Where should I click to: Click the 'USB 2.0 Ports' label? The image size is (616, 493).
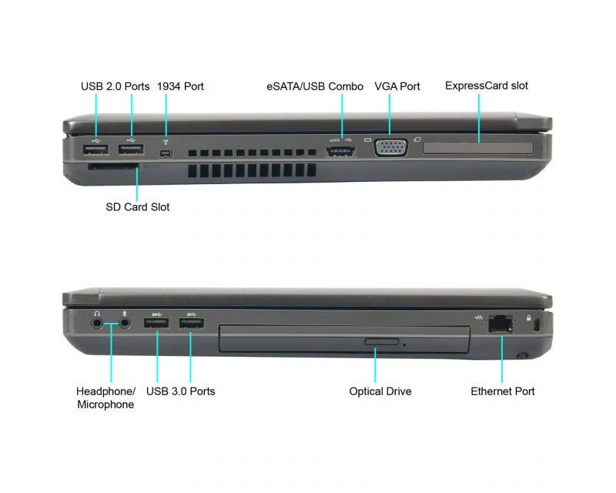(x=115, y=86)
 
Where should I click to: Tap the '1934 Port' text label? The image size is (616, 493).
(x=180, y=86)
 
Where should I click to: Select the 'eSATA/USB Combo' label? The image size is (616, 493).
(x=315, y=86)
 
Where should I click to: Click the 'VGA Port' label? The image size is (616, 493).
(x=397, y=86)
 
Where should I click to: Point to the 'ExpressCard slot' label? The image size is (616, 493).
(x=487, y=86)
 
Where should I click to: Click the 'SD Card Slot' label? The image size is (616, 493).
(x=138, y=206)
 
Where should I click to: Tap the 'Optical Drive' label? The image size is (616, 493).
(x=380, y=391)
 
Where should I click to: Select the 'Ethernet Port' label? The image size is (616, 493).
(x=503, y=391)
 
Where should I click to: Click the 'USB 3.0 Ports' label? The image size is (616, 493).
(x=180, y=391)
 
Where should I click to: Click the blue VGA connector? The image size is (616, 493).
(x=391, y=148)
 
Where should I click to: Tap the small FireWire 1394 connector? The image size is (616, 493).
(x=166, y=153)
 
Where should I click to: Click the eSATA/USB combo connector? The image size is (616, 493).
(x=340, y=151)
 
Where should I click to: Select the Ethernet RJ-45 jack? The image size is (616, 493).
(x=500, y=324)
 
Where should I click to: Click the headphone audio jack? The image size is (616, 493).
(x=97, y=324)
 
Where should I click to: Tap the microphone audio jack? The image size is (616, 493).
(x=125, y=324)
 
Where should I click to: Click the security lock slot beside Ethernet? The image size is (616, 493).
(x=537, y=326)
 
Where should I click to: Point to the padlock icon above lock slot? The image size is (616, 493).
(x=528, y=317)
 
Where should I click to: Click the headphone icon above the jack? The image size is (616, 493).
(x=97, y=313)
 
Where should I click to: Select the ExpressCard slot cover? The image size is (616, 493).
(x=478, y=148)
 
